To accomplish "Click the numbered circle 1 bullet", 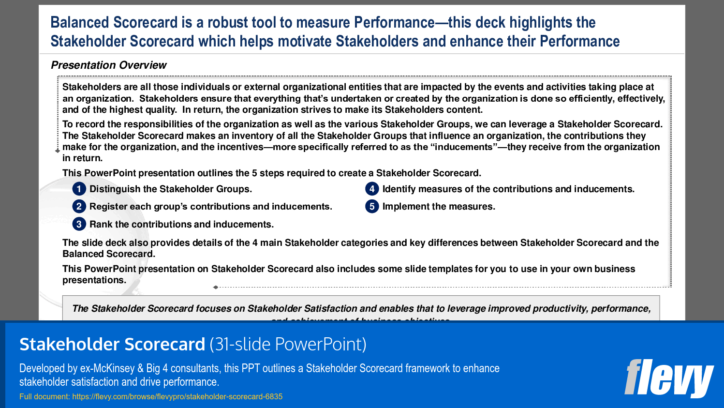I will pyautogui.click(x=79, y=189).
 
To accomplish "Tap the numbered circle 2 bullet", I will pyautogui.click(x=79, y=207).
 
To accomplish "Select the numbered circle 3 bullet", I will pyautogui.click(x=79, y=224).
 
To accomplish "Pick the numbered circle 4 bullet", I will pyautogui.click(x=372, y=189).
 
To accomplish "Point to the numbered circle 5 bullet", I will pyautogui.click(x=372, y=207).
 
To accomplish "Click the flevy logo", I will pyautogui.click(x=669, y=378).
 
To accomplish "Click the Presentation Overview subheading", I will pyautogui.click(x=109, y=65).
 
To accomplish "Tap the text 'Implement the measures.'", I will pyautogui.click(x=439, y=207).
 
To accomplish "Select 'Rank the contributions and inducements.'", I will pyautogui.click(x=181, y=225).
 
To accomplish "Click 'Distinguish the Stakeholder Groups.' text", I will pyautogui.click(x=171, y=189).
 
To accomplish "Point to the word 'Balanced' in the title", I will pyautogui.click(x=80, y=23).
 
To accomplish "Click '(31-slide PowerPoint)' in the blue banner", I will pyautogui.click(x=288, y=345).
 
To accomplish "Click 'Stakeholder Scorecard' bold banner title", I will pyautogui.click(x=112, y=345).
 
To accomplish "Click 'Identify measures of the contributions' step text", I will pyautogui.click(x=467, y=189).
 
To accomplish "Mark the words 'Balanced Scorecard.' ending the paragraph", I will pyautogui.click(x=109, y=254).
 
